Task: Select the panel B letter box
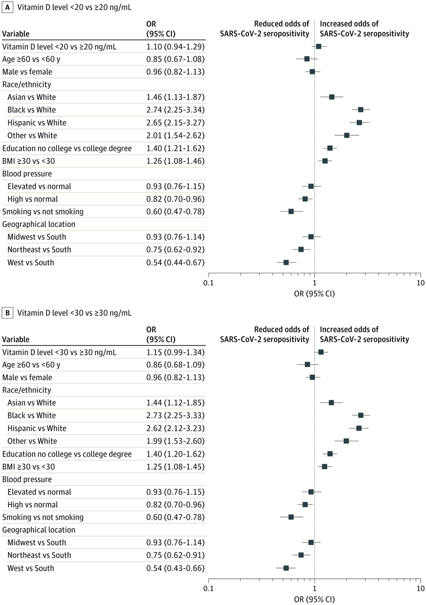[7, 313]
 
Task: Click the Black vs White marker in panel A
[361, 110]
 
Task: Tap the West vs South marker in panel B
[286, 568]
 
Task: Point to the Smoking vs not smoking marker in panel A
[291, 211]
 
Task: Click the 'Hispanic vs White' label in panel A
[36, 123]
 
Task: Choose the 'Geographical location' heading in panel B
[39, 530]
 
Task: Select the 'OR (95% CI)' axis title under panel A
[315, 293]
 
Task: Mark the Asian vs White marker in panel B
[331, 402]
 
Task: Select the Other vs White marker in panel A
[347, 135]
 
